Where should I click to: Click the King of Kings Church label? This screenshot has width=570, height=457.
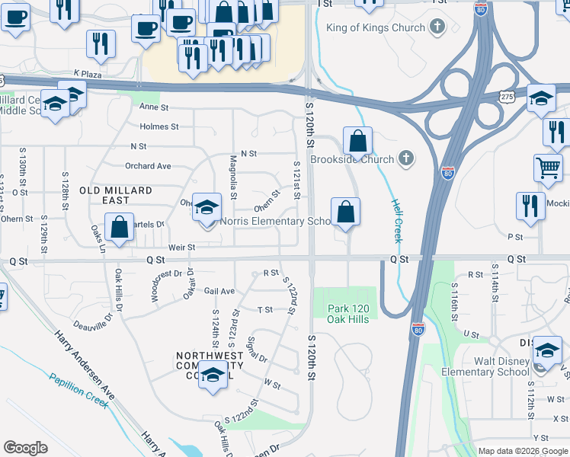[x=375, y=28]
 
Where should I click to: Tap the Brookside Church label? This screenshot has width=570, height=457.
[x=352, y=159]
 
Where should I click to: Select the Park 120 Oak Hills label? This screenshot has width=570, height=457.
[x=348, y=314]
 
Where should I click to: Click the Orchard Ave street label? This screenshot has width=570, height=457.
[x=148, y=165]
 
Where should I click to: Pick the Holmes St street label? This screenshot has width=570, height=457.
[x=159, y=126]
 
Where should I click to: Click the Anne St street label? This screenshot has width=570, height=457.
[x=153, y=108]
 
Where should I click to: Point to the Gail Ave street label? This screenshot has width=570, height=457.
[x=219, y=291]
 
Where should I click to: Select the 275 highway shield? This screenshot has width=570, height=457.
[x=509, y=94]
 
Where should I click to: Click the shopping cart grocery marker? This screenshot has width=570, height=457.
[x=549, y=167]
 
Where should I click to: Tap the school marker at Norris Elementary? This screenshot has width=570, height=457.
[x=207, y=206]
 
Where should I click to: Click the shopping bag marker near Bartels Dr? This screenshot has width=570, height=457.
[x=120, y=226]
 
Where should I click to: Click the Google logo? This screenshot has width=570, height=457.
[x=25, y=448]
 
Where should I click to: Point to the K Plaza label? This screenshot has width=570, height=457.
[x=88, y=73]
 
